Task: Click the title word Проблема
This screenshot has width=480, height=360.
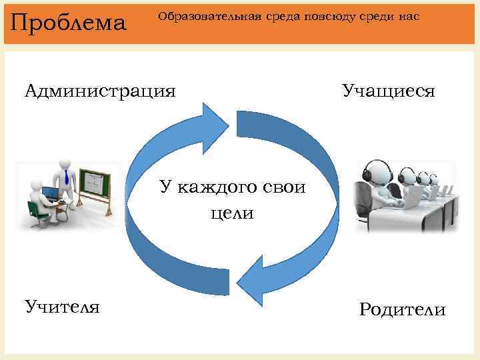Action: coord(69,23)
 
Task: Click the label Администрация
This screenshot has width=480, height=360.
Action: coord(101,90)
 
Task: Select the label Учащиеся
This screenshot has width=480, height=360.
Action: coord(389,90)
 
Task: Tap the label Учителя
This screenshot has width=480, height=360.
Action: coord(63,307)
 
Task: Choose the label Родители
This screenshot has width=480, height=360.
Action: coord(402,310)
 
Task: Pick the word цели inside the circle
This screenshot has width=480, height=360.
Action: coord(231,214)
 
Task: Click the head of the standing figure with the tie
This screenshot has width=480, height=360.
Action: coord(65,163)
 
